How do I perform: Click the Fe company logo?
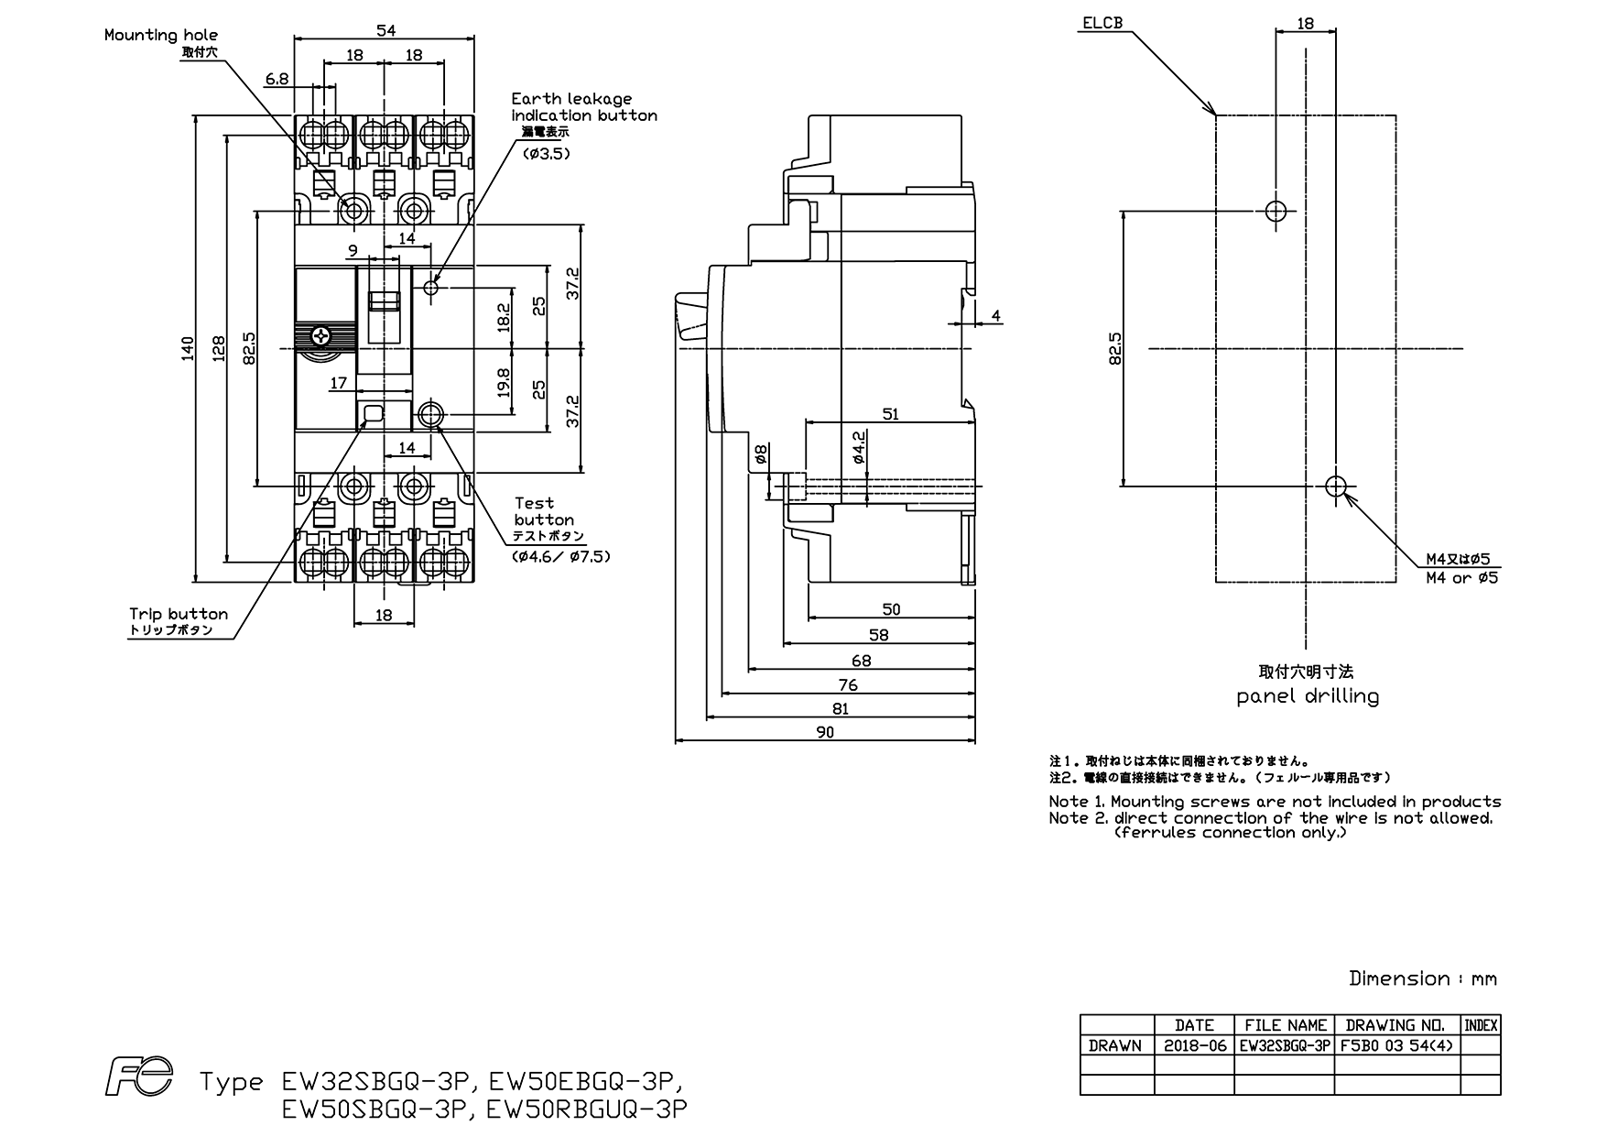138,1077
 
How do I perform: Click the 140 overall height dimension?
186,348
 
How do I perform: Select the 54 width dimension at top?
385,30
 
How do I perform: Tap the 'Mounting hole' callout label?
161,35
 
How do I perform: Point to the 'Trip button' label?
179,614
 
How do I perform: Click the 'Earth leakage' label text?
571,98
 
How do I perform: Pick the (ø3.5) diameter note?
547,153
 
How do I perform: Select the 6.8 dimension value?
277,79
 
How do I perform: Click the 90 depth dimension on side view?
825,731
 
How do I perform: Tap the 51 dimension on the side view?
890,414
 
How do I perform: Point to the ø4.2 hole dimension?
859,446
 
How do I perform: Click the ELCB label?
1102,23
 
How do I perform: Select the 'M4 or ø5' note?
1461,578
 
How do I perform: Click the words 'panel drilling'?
1308,696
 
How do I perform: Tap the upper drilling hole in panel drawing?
1276,212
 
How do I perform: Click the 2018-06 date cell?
1195,1045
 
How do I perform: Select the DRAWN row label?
1115,1045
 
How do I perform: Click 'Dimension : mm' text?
1423,978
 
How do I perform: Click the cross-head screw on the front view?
321,335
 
